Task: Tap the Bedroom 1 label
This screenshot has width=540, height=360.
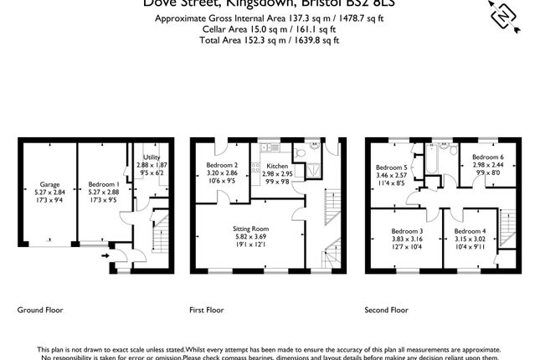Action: pos(101,183)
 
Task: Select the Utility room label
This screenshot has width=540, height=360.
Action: pos(152,157)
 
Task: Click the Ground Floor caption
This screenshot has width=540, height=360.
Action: pos(40,310)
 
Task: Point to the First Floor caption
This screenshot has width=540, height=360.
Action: pos(208,310)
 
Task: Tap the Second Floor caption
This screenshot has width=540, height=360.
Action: pos(386,310)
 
